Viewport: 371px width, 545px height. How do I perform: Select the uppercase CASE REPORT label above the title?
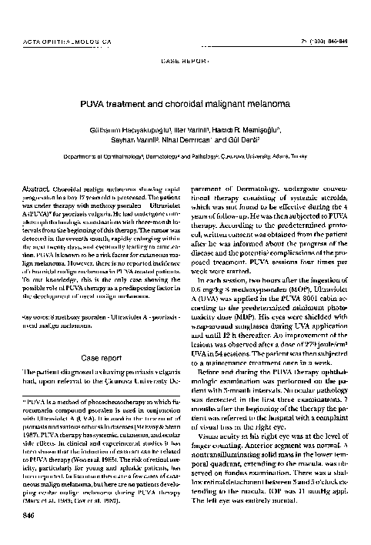[x=185, y=59]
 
